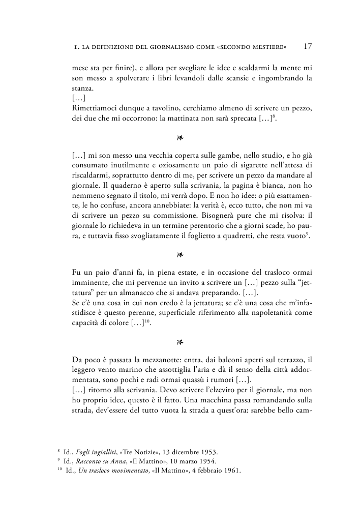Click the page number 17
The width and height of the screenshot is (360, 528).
(308, 47)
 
